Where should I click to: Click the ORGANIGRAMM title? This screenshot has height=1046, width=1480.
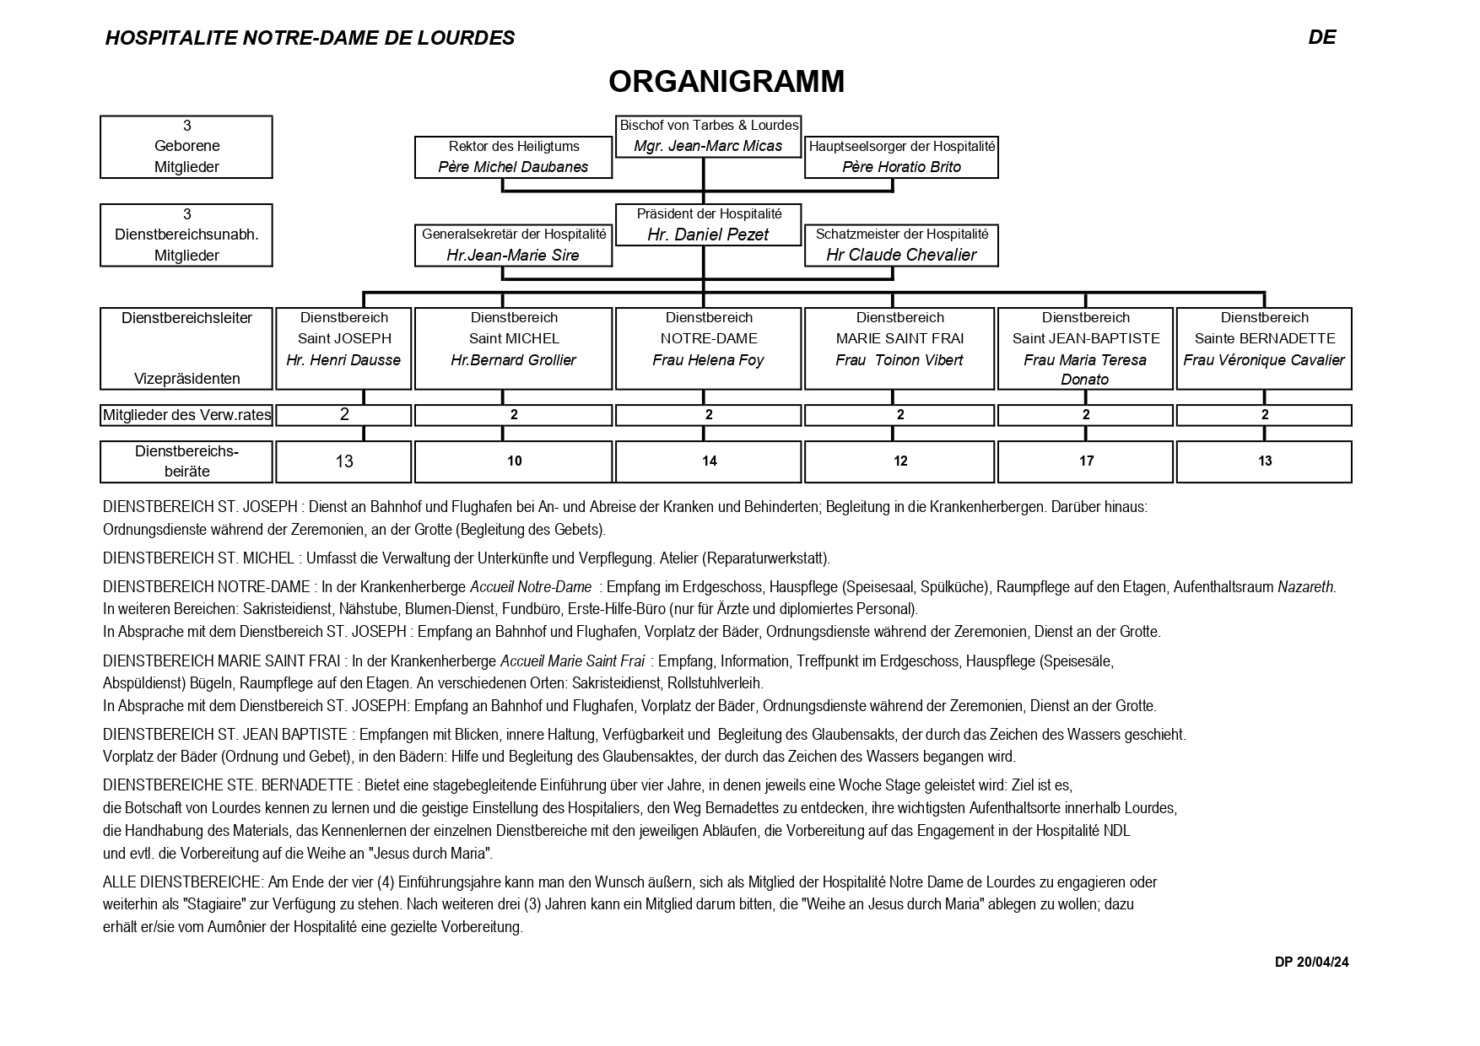coord(726,82)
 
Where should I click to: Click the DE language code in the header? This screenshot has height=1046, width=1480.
coord(1321,37)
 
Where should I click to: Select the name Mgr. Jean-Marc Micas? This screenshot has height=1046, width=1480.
coord(708,146)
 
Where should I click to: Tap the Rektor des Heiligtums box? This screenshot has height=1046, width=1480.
coord(513,157)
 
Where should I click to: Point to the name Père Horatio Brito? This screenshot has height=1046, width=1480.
coord(901,167)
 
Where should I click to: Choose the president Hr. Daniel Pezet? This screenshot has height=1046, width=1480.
coord(708,235)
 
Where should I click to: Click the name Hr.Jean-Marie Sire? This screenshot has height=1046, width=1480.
coord(513,255)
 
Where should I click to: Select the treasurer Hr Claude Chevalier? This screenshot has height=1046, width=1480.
coord(901,255)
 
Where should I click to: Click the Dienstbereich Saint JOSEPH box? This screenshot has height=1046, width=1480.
coord(344,348)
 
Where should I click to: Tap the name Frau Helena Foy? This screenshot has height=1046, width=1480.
coord(708,360)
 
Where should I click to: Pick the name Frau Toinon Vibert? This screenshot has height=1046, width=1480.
coord(899,360)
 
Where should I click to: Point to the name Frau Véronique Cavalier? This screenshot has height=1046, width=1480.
coord(1264,360)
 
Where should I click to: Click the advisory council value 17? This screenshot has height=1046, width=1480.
coord(1086,461)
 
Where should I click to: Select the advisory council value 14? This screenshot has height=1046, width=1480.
coord(709,461)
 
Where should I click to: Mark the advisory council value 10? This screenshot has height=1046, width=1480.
coord(514,461)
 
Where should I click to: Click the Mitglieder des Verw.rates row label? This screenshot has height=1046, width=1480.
coord(186,415)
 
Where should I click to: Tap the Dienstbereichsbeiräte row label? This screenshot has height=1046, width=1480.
coord(186,461)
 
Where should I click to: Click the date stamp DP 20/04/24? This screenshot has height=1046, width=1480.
coord(1311,962)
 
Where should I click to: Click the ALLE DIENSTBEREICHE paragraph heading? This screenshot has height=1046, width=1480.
coord(182,882)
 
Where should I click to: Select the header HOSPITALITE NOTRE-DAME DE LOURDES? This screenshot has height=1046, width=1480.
coord(310,38)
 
